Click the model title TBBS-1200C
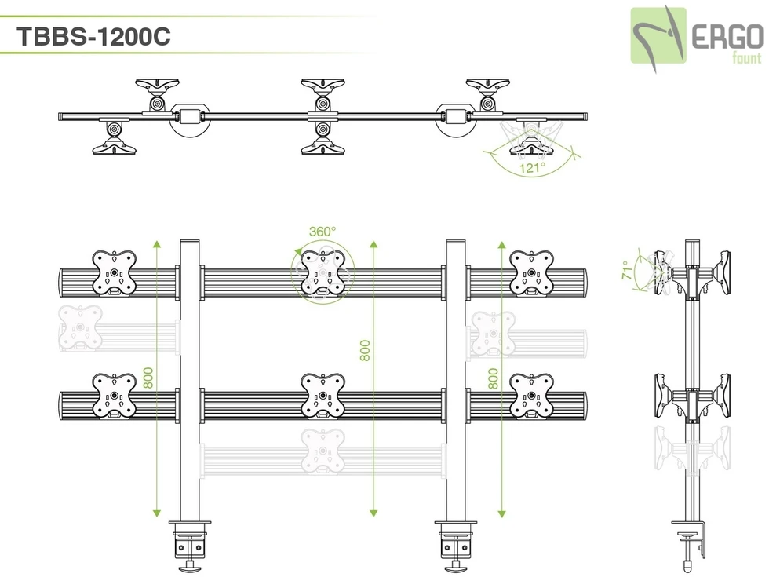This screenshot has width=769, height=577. pyautogui.click(x=93, y=37)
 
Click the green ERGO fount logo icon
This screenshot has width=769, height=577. pyautogui.click(x=659, y=35)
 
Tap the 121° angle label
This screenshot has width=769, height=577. pyautogui.click(x=531, y=168)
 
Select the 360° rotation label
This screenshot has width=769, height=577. pyautogui.click(x=322, y=232)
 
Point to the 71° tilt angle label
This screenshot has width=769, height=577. pyautogui.click(x=627, y=270)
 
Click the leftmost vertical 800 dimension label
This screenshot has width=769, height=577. pyautogui.click(x=148, y=378)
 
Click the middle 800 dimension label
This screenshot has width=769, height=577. pyautogui.click(x=365, y=350)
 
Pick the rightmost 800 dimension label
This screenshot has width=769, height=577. pyautogui.click(x=493, y=379)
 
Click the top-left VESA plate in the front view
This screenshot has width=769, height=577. pyautogui.click(x=115, y=273)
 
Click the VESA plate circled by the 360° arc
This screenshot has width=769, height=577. pyautogui.click(x=323, y=272)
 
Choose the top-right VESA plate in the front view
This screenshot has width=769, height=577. pyautogui.click(x=531, y=272)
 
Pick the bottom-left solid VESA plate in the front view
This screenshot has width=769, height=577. pyautogui.click(x=115, y=395)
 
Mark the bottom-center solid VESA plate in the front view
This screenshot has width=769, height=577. pyautogui.click(x=323, y=395)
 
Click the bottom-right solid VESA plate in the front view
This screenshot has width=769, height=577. pyautogui.click(x=531, y=395)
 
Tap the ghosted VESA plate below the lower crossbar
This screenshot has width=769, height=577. pyautogui.click(x=323, y=451)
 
